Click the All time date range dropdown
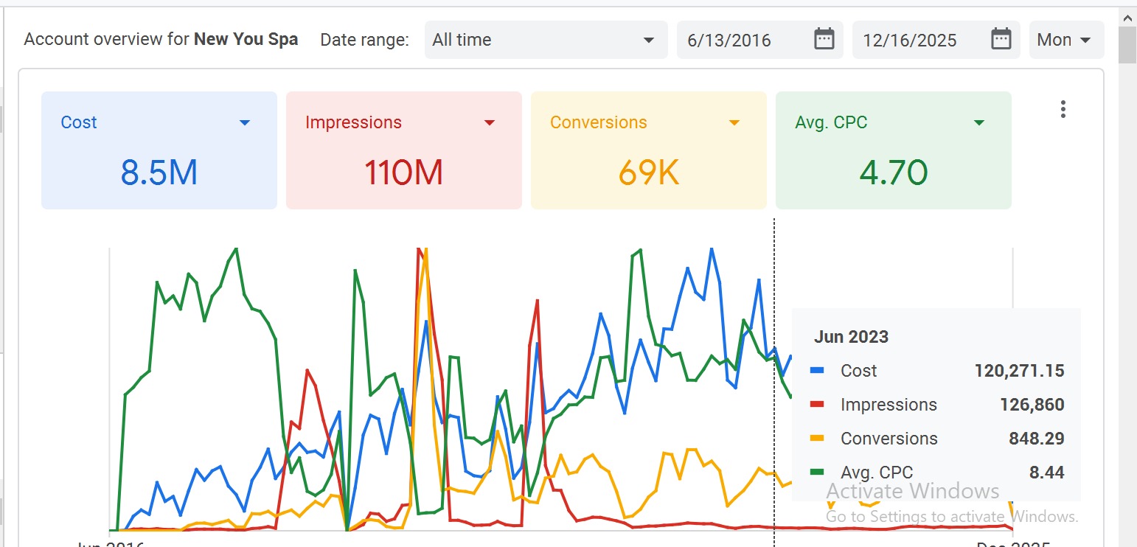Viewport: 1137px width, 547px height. click(543, 40)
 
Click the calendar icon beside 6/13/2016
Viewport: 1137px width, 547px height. click(824, 39)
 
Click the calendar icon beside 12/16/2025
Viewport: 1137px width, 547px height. click(1001, 39)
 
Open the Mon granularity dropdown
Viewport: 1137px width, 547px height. click(1065, 40)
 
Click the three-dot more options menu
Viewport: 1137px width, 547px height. click(1063, 110)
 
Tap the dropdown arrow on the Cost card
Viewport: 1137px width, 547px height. click(245, 123)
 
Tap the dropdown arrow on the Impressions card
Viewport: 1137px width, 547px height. click(490, 123)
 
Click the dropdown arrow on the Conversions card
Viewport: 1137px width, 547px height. click(734, 123)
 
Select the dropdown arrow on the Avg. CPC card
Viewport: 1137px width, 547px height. click(979, 123)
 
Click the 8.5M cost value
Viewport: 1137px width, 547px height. click(159, 173)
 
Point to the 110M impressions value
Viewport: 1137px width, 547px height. click(404, 173)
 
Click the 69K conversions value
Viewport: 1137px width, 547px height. click(649, 173)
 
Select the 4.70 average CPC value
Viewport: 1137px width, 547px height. click(894, 173)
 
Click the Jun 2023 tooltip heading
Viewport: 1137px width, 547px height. click(851, 337)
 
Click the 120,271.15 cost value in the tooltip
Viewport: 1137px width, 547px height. click(1019, 371)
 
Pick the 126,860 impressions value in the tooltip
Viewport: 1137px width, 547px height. click(1032, 405)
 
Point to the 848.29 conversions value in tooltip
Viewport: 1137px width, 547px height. click(1036, 439)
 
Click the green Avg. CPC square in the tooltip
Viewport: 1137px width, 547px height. click(817, 473)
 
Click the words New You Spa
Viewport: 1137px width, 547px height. click(246, 40)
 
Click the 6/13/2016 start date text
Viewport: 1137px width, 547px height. click(729, 41)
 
